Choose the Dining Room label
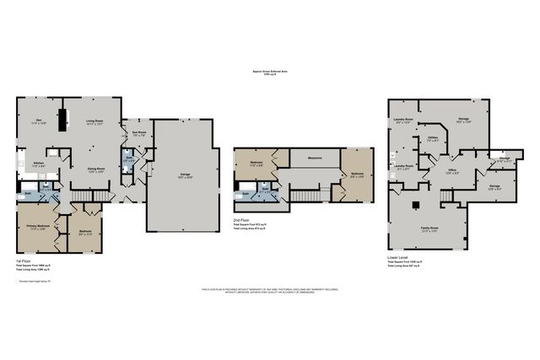[x=95, y=169]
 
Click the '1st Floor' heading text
[x=24, y=261]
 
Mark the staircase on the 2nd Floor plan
[x=305, y=196]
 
